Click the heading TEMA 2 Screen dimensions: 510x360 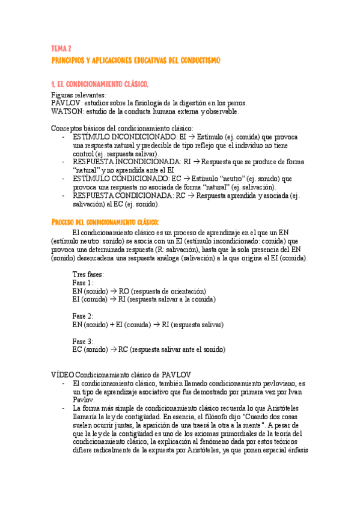tap(61, 48)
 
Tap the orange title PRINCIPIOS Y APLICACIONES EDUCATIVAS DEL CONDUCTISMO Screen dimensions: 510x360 tap(136, 61)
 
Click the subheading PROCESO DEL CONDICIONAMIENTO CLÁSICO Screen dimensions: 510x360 tap(106, 222)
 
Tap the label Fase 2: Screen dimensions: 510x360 tap(82, 316)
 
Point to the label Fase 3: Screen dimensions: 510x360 tap(82, 341)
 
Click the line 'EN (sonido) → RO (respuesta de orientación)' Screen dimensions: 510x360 tap(139, 290)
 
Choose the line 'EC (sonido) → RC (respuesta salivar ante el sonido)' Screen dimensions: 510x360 tap(148, 349)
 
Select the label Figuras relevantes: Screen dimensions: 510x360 tap(79, 94)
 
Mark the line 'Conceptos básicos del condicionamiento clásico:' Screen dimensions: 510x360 tap(122, 128)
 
